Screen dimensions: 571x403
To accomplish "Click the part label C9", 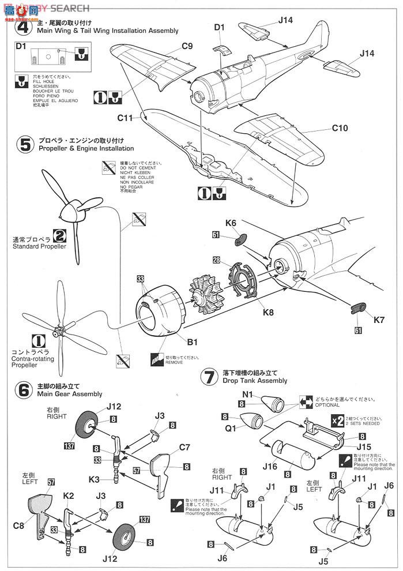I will (x=187, y=46).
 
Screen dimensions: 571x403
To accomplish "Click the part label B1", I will (x=191, y=342).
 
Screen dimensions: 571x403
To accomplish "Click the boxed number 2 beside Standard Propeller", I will (x=59, y=235).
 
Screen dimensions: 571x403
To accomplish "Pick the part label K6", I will (x=231, y=223).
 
